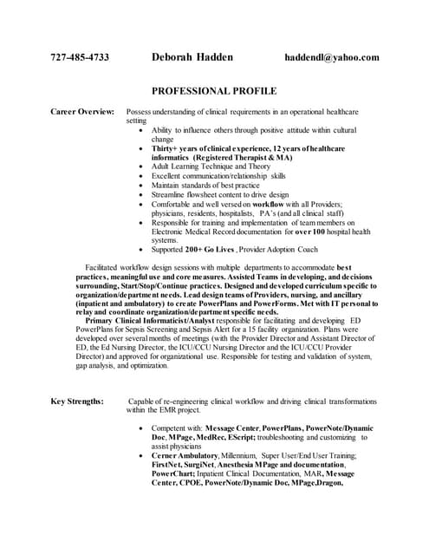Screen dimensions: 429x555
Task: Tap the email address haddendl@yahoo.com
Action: [x=332, y=58]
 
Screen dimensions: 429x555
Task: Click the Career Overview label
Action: [x=82, y=112]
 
